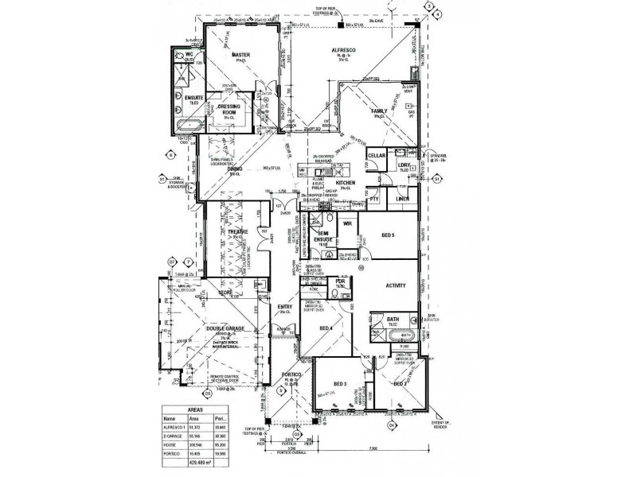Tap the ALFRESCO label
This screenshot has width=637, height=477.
point(343,50)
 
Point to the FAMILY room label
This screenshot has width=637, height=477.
point(377,111)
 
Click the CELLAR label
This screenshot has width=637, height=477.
point(377,156)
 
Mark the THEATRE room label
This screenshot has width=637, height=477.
point(239,231)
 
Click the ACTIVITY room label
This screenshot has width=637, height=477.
point(396,285)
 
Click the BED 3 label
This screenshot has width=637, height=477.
point(340,385)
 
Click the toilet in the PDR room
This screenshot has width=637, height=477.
point(343,293)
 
